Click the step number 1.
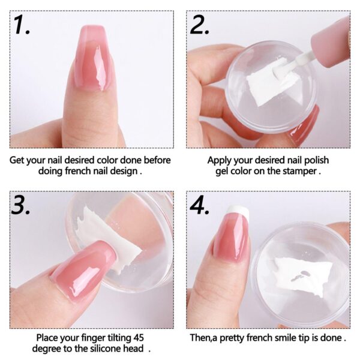(x=22, y=25)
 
